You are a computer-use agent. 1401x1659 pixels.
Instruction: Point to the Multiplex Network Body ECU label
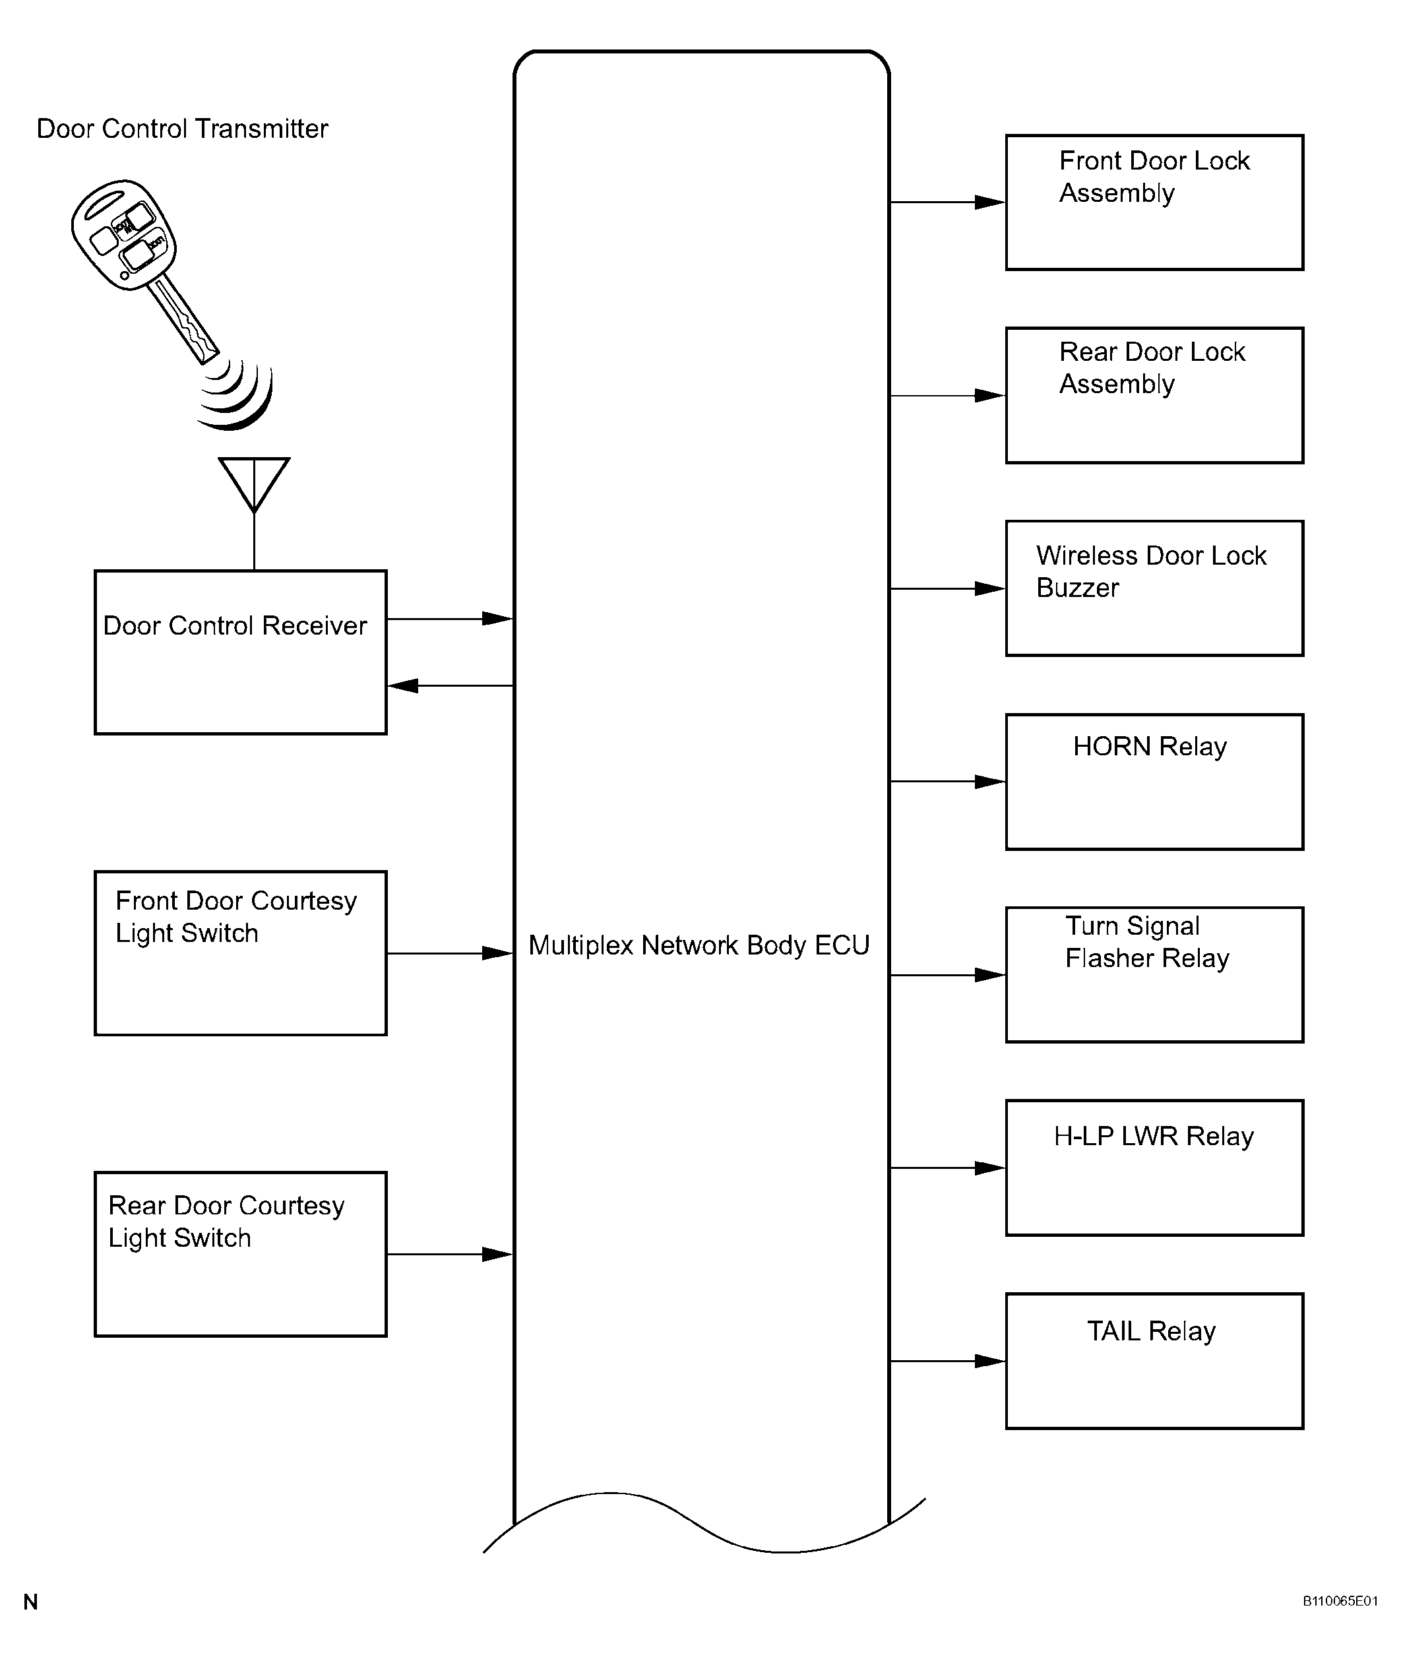pos(699,945)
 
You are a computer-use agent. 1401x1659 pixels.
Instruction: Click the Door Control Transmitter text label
pos(182,129)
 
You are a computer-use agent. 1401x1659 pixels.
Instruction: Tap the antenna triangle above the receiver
pos(254,484)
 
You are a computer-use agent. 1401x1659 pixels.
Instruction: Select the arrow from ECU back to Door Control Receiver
pos(451,685)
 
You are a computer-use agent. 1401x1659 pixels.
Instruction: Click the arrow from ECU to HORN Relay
pos(947,782)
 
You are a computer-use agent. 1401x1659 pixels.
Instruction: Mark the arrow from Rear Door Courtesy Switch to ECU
pos(451,1255)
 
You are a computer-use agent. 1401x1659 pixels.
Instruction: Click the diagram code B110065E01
pos(1340,1601)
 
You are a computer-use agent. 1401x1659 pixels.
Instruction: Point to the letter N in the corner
pos(30,1602)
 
